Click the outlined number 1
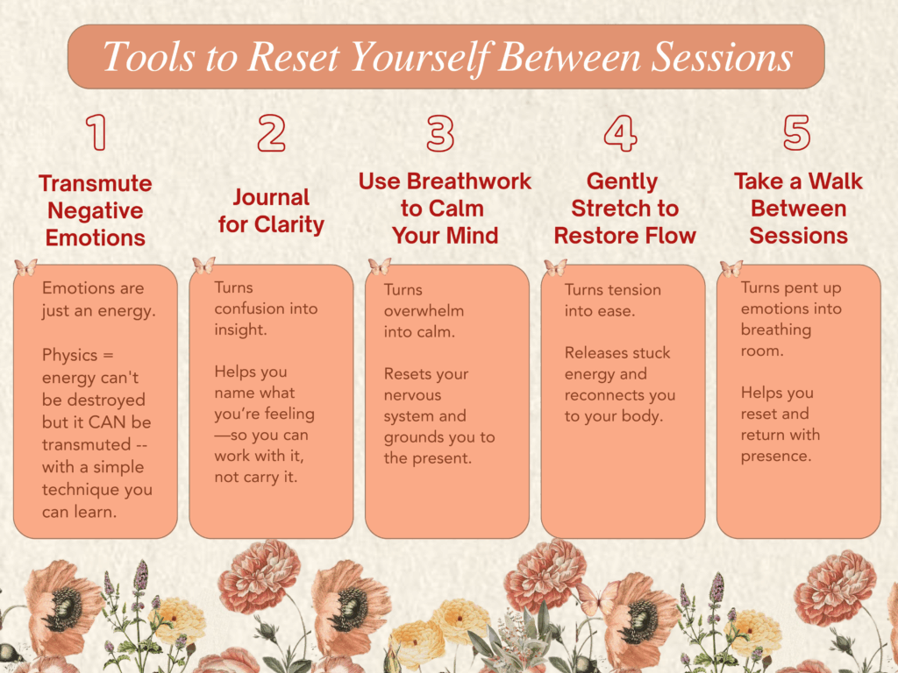[x=96, y=132]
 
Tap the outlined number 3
[x=440, y=133]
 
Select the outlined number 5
[x=796, y=132]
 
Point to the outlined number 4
[x=620, y=133]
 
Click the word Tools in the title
[x=149, y=57]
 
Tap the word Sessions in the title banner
[x=723, y=57]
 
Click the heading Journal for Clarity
[x=272, y=210]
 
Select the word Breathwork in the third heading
[x=469, y=181]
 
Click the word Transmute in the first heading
[x=96, y=183]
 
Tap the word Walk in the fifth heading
[x=835, y=181]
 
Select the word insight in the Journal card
[x=240, y=329]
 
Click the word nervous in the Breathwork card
[x=412, y=395]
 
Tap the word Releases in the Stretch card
[x=592, y=352]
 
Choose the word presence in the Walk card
[x=776, y=456]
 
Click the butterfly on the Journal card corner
[x=203, y=266]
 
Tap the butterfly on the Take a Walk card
[x=731, y=268]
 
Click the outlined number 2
[x=272, y=133]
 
